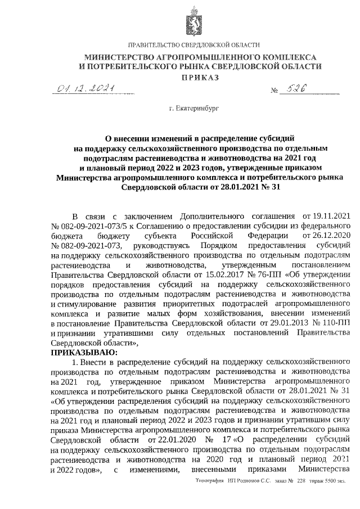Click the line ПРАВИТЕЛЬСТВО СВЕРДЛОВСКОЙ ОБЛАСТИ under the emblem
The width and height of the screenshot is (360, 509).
(194, 44)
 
